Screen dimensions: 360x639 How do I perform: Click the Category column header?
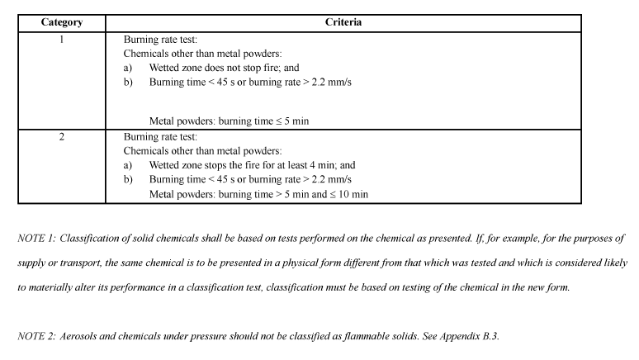61,22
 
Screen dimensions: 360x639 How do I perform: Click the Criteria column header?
343,22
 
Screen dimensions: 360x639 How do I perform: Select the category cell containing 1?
61,38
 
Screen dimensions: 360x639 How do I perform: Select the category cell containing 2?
61,136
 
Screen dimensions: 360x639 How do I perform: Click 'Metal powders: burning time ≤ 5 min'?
229,121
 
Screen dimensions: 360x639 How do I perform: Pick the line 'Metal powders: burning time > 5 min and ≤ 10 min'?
258,195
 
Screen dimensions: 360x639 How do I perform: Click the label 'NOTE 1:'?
35,239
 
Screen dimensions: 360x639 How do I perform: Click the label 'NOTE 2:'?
35,337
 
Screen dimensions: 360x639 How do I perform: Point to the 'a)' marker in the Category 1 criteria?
128,68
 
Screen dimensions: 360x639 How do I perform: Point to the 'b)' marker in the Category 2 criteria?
128,180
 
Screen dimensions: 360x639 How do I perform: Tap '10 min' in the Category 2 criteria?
354,195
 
